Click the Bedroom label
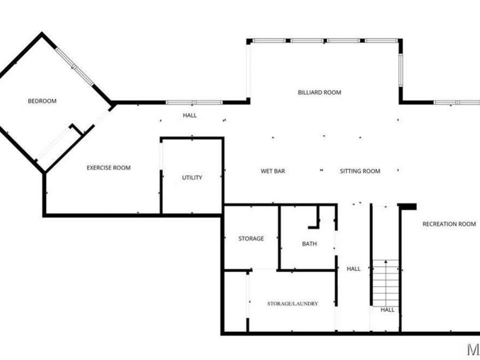click(x=42, y=101)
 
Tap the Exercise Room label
click(x=108, y=168)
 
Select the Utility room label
click(x=192, y=178)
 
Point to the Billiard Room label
click(x=319, y=92)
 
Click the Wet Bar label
click(x=273, y=171)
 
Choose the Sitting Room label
click(x=360, y=171)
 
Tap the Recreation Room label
click(x=449, y=224)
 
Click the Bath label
click(x=309, y=244)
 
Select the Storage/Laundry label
click(x=292, y=303)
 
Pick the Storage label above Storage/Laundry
click(x=251, y=238)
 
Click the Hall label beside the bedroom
click(x=189, y=115)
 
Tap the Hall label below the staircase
click(x=387, y=309)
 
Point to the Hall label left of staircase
click(x=354, y=269)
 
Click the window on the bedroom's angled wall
click(x=75, y=67)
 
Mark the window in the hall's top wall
click(x=194, y=102)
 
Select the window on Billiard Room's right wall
click(x=400, y=69)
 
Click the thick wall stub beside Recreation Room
click(x=407, y=206)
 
